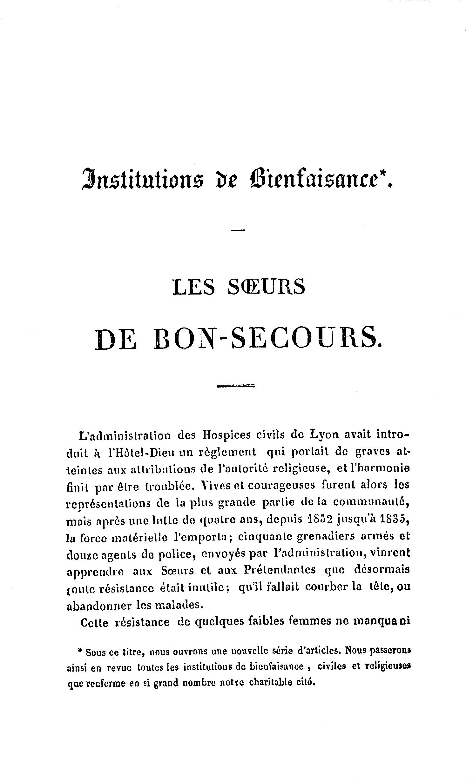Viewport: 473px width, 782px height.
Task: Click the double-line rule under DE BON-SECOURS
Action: point(236,386)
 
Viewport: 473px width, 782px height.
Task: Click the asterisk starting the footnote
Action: point(80,651)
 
